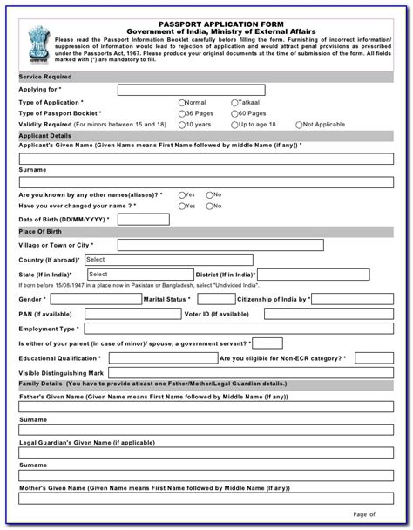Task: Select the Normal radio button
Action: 182,102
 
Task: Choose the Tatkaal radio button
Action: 235,102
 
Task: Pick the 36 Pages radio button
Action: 182,113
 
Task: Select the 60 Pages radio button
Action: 235,113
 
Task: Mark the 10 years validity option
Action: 182,125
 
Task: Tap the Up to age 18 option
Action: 235,125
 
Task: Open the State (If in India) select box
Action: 131,274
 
